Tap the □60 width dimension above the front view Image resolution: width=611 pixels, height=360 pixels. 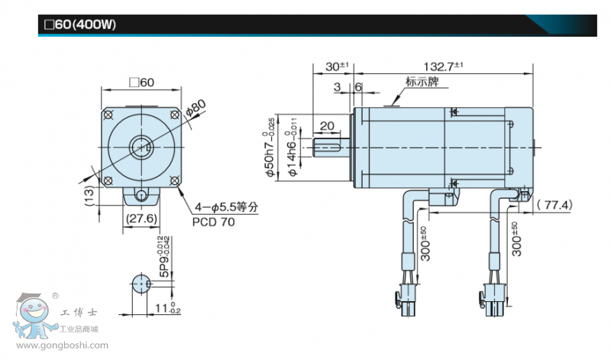pos(142,83)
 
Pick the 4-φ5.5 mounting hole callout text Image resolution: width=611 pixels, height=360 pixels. pos(227,206)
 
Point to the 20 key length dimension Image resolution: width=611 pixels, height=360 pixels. pos(327,126)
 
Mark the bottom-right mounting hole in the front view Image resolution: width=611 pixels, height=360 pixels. pos(176,180)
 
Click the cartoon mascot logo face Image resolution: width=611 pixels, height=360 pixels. pos(31,313)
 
